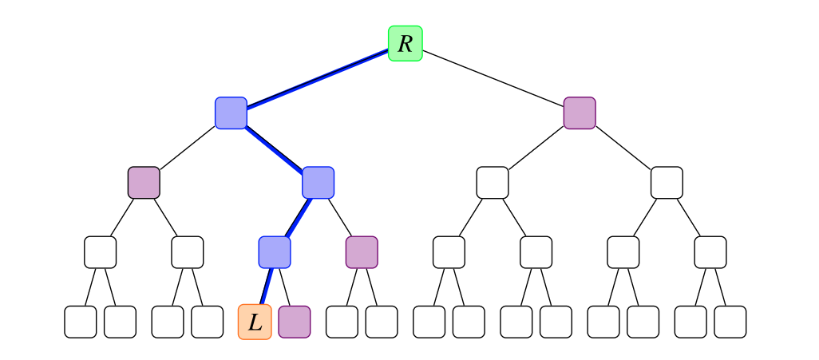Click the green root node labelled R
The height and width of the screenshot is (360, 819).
(406, 43)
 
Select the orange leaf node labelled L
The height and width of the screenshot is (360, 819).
(255, 322)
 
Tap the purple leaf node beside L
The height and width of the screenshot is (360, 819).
(295, 322)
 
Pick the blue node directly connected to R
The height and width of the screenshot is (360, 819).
(231, 113)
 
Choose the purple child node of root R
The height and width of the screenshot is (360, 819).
(580, 113)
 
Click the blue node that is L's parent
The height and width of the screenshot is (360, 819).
(275, 252)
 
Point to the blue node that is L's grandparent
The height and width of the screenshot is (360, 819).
(318, 183)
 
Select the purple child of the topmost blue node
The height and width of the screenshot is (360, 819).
(144, 183)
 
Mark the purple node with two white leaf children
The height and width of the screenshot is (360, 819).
(362, 252)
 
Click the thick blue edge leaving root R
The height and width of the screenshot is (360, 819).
(318, 78)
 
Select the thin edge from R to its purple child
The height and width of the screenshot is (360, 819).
(493, 78)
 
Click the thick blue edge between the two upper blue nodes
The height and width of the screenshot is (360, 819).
(275, 148)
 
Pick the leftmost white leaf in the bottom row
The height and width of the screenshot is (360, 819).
(81, 322)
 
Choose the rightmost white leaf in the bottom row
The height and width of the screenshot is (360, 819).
(730, 322)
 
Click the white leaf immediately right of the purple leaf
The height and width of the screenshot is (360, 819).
(342, 322)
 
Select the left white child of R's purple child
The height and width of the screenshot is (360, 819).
(493, 183)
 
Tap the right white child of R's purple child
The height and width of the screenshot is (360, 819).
(667, 183)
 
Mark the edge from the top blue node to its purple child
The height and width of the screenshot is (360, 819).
(188, 148)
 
